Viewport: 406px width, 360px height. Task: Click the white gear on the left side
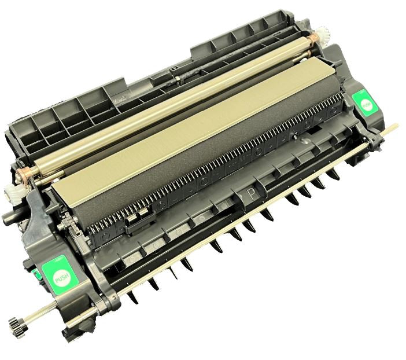point(25,190)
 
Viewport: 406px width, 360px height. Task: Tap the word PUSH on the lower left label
point(61,277)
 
